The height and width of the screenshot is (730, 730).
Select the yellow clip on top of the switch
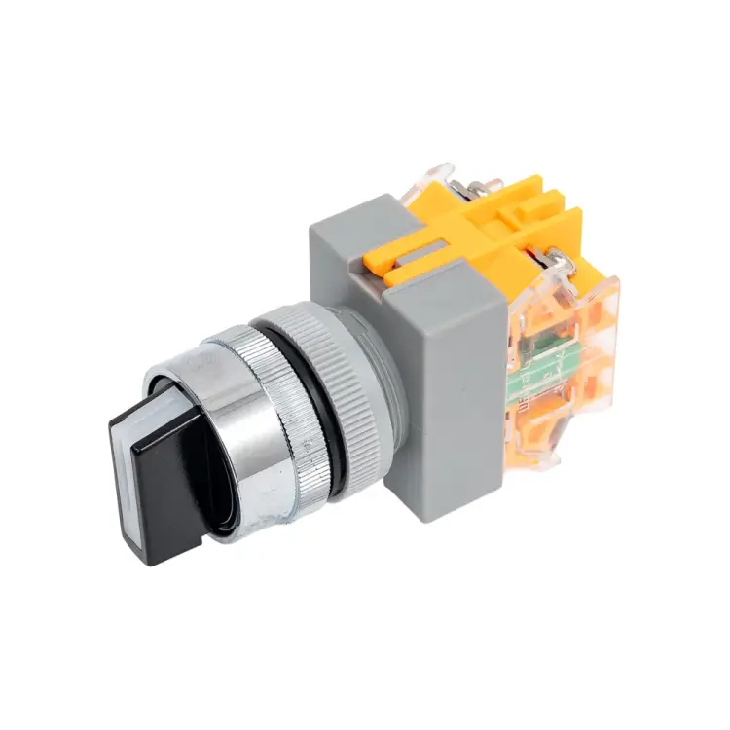point(487,234)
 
